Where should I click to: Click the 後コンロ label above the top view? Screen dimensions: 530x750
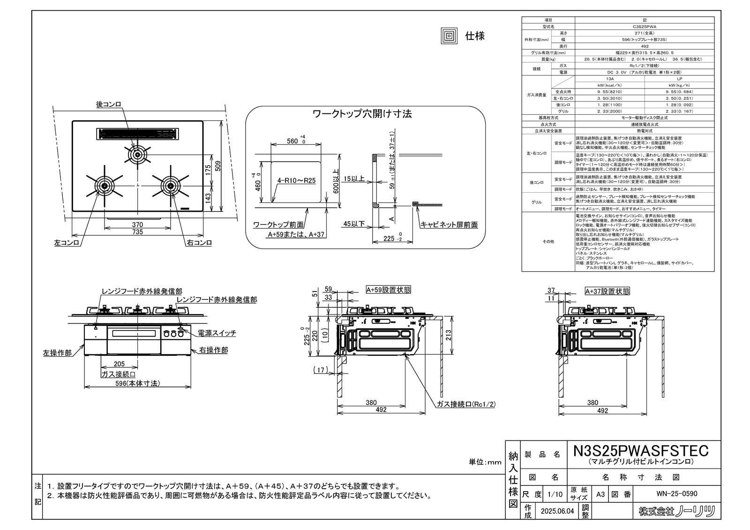tap(109, 105)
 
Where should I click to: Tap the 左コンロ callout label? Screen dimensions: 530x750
tap(67, 243)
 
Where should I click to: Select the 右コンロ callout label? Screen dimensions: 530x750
tap(199, 243)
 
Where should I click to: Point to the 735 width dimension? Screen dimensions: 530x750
tap(137, 232)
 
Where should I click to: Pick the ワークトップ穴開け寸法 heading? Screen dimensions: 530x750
tap(362, 114)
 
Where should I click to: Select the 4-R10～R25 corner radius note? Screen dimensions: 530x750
tap(296, 179)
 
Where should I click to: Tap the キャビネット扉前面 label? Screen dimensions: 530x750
tap(449, 225)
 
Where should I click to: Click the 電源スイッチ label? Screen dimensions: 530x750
tap(217, 333)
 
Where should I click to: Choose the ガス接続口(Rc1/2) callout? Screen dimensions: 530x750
tap(465, 404)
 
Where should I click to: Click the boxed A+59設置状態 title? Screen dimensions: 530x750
tap(389, 290)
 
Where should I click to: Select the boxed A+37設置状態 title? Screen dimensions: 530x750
tap(607, 291)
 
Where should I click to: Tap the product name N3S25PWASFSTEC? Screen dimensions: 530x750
tap(641, 450)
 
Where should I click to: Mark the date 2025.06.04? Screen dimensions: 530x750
tap(556, 512)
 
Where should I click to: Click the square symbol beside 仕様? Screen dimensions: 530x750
tap(449, 37)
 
